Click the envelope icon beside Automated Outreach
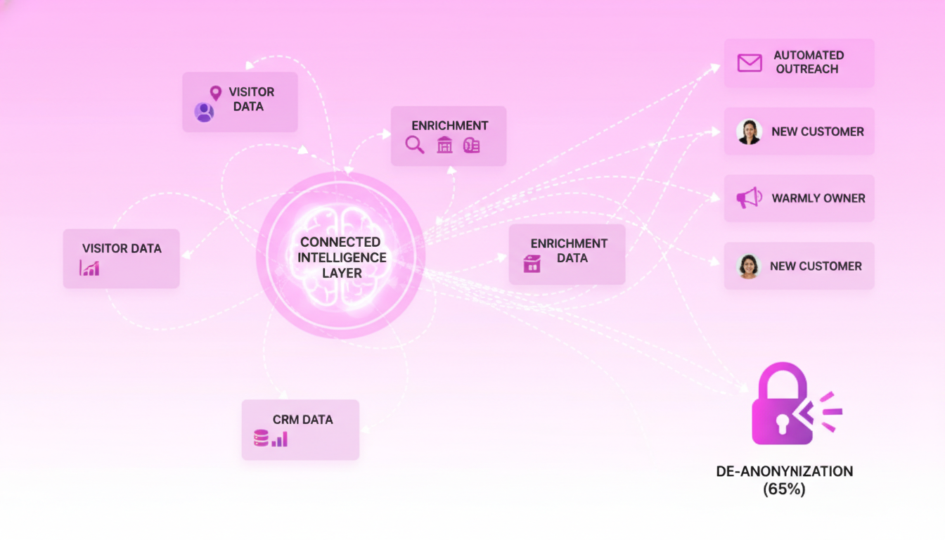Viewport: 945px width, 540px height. click(x=750, y=63)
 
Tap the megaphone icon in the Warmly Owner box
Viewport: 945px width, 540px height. click(x=749, y=198)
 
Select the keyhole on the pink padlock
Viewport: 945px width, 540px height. click(x=782, y=422)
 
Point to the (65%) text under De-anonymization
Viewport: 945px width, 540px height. click(x=784, y=489)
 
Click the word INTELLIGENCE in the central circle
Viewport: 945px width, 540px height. click(x=342, y=257)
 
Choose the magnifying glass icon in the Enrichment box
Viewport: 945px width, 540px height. click(x=415, y=146)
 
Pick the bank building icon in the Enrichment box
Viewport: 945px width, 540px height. click(x=444, y=146)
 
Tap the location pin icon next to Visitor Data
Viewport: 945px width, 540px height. click(x=215, y=93)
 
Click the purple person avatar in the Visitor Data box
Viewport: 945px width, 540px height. click(x=205, y=112)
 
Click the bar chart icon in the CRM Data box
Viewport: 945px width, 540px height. click(x=280, y=439)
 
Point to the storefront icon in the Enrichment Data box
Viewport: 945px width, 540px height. click(x=532, y=264)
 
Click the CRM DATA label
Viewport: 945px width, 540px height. click(x=303, y=420)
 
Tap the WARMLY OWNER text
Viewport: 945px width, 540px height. click(x=818, y=198)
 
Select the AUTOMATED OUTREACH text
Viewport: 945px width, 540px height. click(x=808, y=62)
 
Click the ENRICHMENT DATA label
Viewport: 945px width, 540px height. click(x=569, y=250)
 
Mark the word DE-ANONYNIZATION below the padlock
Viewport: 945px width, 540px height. click(x=784, y=471)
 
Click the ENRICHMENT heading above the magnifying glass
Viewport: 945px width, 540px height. click(x=450, y=126)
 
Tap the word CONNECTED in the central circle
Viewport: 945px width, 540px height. click(x=341, y=242)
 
